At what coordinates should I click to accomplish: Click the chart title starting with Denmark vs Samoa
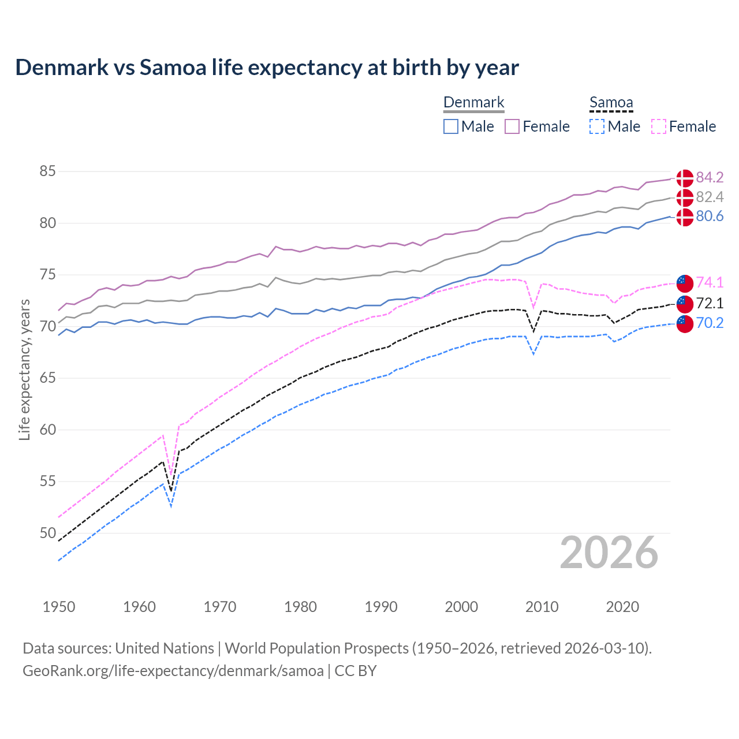pos(267,68)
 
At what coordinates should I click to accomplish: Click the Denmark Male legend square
pos(451,126)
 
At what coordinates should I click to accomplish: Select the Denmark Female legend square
pos(512,126)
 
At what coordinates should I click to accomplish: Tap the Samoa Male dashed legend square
pos(597,126)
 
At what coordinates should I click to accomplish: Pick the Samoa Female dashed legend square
pos(659,126)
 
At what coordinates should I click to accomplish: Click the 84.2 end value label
pos(710,177)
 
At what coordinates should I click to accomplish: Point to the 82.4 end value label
pos(710,197)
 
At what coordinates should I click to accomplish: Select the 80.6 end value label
pos(710,217)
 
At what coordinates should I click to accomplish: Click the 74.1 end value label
pos(710,282)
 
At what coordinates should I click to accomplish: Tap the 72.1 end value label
pos(710,303)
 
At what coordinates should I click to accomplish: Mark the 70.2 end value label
pos(710,323)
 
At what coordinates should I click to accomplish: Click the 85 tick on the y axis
pos(47,171)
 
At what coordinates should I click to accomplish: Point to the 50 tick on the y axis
pos(47,533)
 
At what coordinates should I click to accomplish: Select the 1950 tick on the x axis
pos(59,607)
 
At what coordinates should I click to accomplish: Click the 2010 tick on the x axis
pos(542,607)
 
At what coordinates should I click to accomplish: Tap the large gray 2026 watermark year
pos(609,553)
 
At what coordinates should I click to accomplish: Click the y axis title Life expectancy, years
pos(24,369)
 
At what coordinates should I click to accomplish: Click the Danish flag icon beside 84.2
pos(685,178)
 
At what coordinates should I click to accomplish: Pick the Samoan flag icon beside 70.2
pos(685,324)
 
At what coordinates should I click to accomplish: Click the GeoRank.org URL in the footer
pos(173,671)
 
